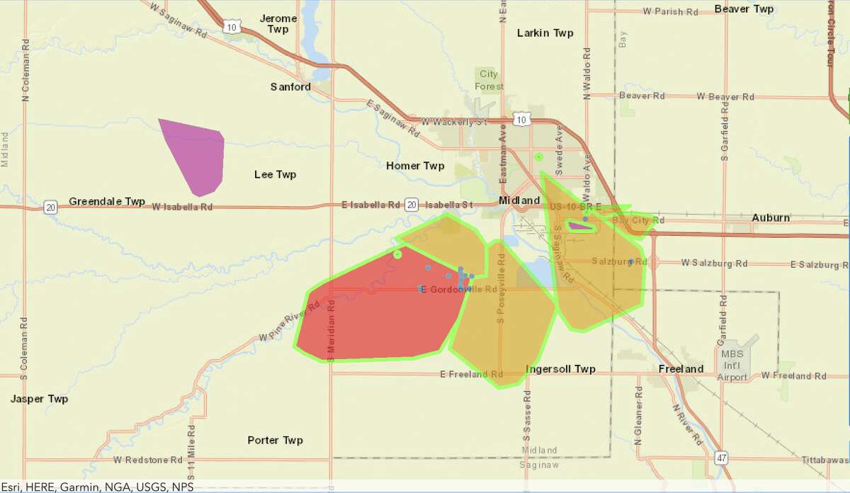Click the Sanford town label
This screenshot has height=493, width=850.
point(290,86)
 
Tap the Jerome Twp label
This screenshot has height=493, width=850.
point(278,23)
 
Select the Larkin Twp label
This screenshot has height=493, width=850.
point(545,33)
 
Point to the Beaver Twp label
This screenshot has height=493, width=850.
point(743,8)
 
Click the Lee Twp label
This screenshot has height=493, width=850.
point(275,174)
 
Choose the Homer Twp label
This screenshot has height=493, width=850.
point(415,166)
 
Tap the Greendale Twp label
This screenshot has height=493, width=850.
point(106,201)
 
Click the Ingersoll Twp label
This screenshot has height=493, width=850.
point(560,369)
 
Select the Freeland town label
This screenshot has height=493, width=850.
point(681,369)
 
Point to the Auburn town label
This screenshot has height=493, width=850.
point(771,217)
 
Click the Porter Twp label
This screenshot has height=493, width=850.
point(275,440)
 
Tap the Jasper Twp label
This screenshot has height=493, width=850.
point(39,399)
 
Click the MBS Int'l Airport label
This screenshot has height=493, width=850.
point(732,365)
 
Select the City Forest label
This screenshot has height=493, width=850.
point(489,80)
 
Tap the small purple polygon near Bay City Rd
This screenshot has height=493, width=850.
point(582,226)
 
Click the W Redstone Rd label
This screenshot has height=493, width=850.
point(147,460)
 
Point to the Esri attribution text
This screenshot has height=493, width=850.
point(97,487)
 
